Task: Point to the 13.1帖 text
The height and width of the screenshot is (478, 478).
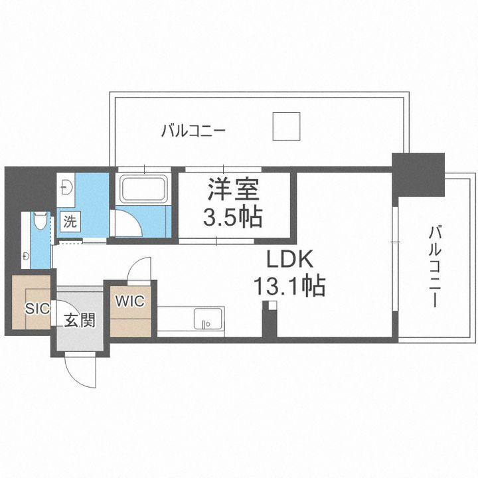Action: (x=289, y=286)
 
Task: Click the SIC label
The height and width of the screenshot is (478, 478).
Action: (x=36, y=308)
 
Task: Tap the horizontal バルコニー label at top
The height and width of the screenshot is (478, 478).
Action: (x=193, y=130)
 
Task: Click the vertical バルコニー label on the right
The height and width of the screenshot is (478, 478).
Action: (x=435, y=266)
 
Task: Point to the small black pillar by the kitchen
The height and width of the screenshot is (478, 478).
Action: (x=269, y=322)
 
